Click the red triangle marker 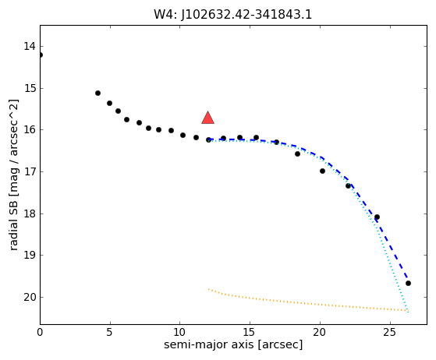coord(207,118)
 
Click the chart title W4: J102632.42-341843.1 coord(233,15)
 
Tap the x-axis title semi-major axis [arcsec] coord(233,344)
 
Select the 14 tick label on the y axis coord(30,47)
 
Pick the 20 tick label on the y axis coord(30,297)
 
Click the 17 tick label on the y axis coord(30,171)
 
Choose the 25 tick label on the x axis coord(390,332)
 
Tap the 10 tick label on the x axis coord(180,332)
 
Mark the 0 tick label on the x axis coord(40,332)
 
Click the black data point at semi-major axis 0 coord(41,55)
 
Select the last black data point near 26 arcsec coord(408,284)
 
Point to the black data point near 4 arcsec coord(97,93)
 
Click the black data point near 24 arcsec coord(377,217)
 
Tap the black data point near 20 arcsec coord(323,171)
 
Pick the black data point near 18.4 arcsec coord(297,154)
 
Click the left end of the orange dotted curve coord(208,289)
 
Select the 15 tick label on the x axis coord(250,332)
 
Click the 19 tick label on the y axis coord(30,255)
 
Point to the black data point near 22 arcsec coord(348,185)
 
